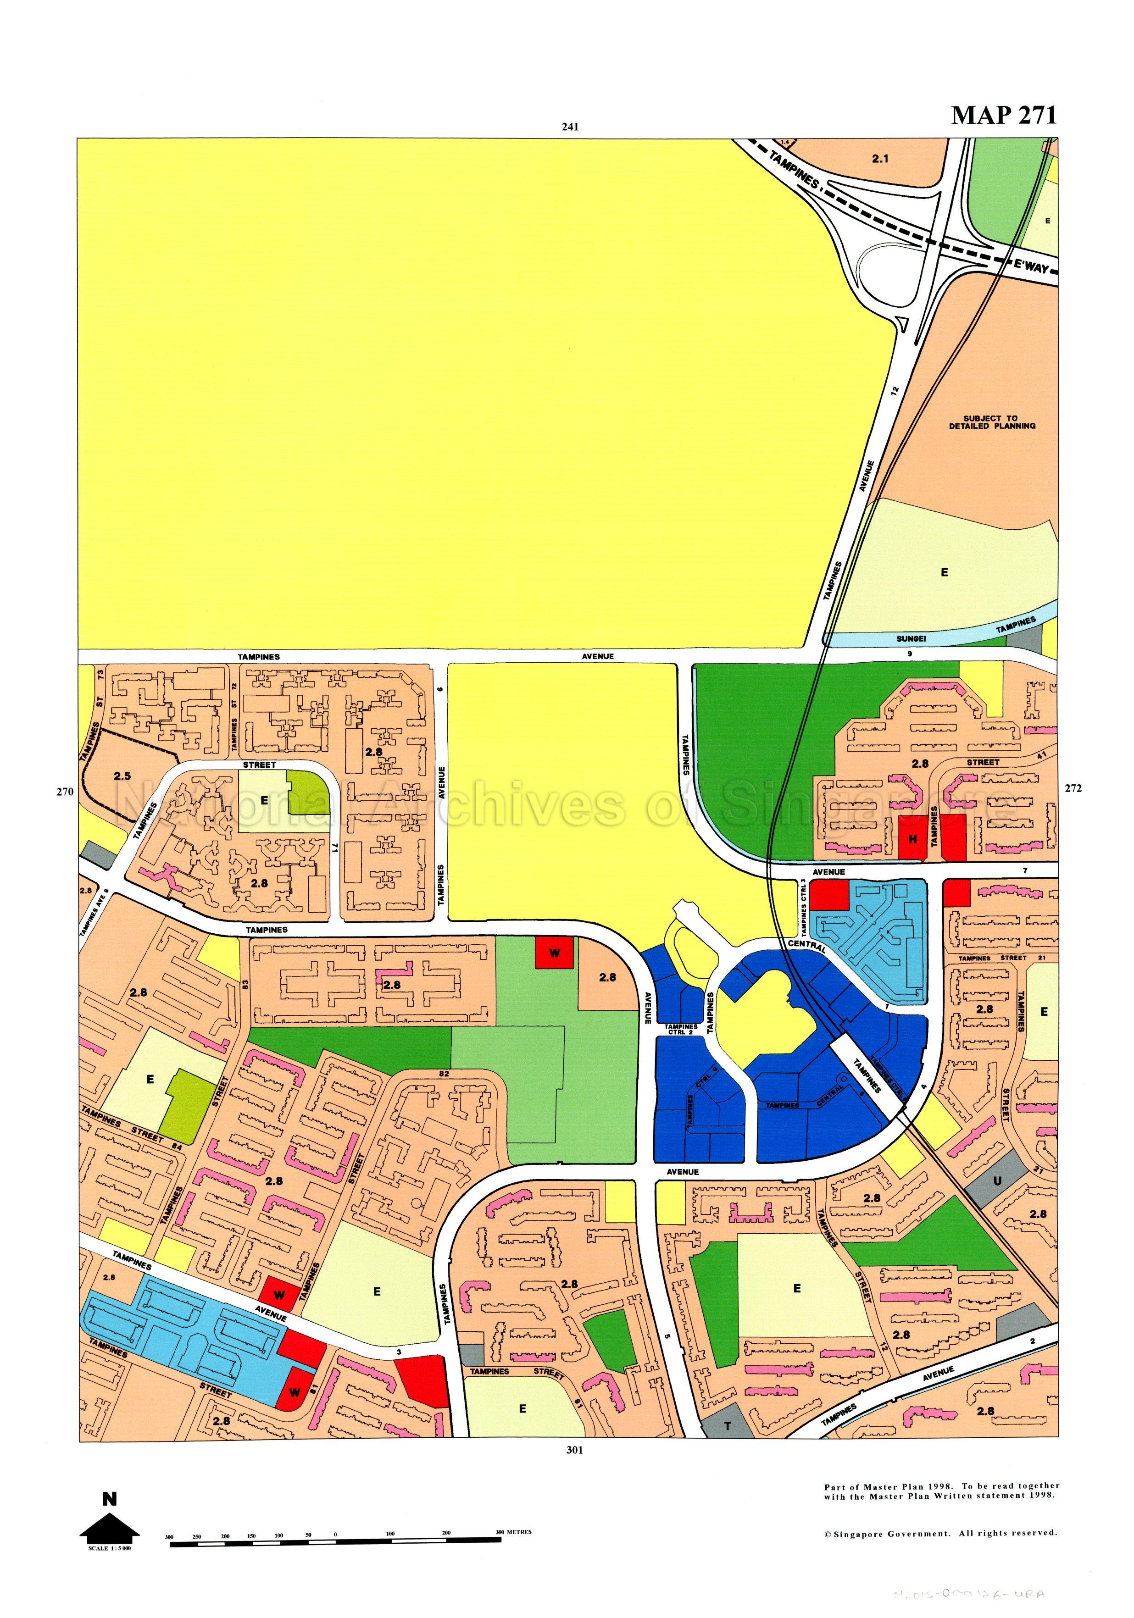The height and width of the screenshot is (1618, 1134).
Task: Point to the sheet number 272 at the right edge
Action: [1073, 788]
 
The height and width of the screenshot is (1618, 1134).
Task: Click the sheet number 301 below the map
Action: [574, 1450]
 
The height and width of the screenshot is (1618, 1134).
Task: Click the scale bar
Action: [335, 1537]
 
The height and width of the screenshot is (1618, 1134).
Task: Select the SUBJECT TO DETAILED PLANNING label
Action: [991, 422]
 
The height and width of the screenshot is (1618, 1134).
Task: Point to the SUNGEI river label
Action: [909, 638]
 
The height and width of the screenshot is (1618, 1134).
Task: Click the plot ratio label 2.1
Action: [879, 159]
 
